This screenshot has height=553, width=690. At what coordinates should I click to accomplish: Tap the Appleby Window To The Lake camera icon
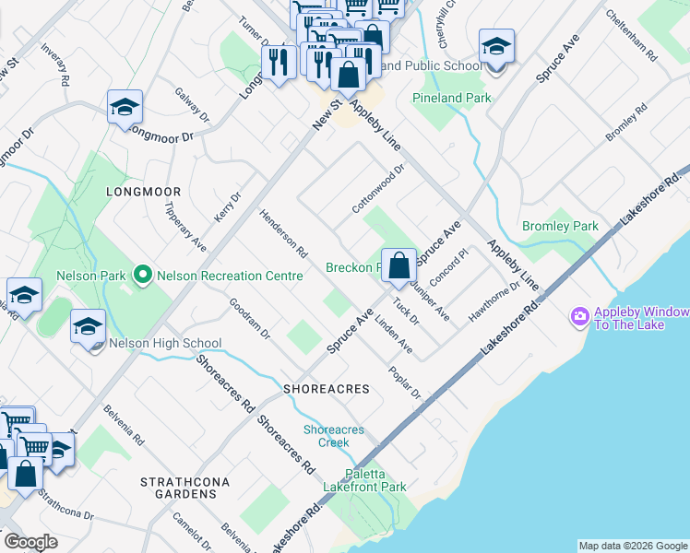pyautogui.click(x=580, y=316)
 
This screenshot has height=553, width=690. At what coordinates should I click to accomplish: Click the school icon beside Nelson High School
pyautogui.click(x=89, y=327)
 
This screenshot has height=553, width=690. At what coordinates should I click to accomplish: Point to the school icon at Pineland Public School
pyautogui.click(x=496, y=47)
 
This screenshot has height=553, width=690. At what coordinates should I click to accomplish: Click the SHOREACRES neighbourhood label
pyautogui.click(x=327, y=389)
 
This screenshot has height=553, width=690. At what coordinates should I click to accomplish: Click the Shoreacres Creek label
pyautogui.click(x=333, y=436)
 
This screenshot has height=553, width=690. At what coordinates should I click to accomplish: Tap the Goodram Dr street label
pyautogui.click(x=249, y=318)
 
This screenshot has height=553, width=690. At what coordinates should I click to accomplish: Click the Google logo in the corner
pyautogui.click(x=30, y=542)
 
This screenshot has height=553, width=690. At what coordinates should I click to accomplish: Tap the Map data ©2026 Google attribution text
pyautogui.click(x=632, y=546)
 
